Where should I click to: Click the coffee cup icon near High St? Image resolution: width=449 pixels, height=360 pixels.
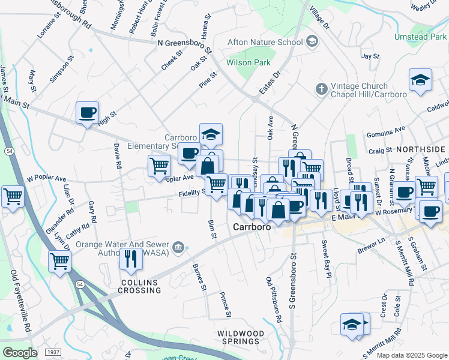coord(87,112)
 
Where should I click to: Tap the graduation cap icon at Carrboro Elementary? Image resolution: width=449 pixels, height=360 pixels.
coord(211,134)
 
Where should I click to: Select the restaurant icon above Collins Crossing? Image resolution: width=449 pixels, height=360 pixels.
coord(129,258)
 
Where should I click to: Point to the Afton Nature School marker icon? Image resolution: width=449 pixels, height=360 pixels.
coord(312,41)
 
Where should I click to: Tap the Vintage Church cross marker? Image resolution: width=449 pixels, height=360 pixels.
coord(321,89)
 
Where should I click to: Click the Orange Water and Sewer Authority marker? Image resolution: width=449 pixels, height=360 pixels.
coord(178,248)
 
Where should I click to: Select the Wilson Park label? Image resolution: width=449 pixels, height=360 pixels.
coord(248,62)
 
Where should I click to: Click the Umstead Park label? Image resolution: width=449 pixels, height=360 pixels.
coord(420,37)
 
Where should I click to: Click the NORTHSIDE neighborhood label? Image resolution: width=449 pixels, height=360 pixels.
coord(420,149)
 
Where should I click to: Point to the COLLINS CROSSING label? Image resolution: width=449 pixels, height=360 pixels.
coord(140,286)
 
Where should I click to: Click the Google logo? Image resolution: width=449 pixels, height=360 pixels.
coord(20,353)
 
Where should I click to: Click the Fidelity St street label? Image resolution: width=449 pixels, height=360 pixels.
coord(191,193)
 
